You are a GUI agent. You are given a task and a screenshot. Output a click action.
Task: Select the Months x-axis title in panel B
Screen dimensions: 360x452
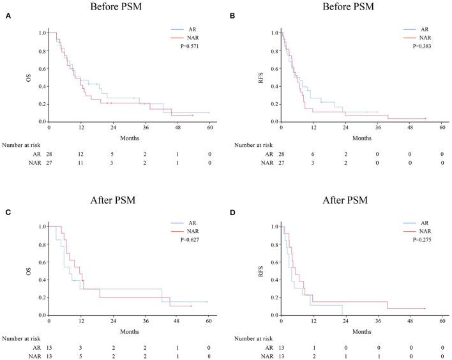tap(361, 137)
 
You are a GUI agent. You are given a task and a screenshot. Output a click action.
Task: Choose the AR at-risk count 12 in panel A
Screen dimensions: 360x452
tap(80, 154)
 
